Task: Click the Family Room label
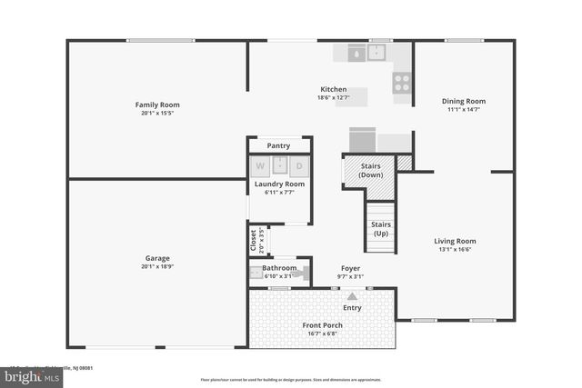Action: pyautogui.click(x=157, y=104)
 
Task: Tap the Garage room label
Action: pyautogui.click(x=157, y=258)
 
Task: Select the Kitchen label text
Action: pyautogui.click(x=334, y=88)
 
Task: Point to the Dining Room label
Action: pyautogui.click(x=464, y=101)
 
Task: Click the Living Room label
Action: pyautogui.click(x=455, y=241)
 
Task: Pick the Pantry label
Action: pyautogui.click(x=279, y=145)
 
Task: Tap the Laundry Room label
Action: pyautogui.click(x=279, y=184)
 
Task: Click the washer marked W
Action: pyautogui.click(x=261, y=166)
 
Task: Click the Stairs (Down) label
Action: pyautogui.click(x=370, y=170)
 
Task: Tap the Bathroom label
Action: pyautogui.click(x=279, y=268)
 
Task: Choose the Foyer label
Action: pyautogui.click(x=351, y=268)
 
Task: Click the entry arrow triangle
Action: pyautogui.click(x=352, y=294)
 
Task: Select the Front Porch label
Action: pyautogui.click(x=322, y=324)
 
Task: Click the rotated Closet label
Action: pyautogui.click(x=254, y=240)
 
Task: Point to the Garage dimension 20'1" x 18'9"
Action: pyautogui.click(x=157, y=267)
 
